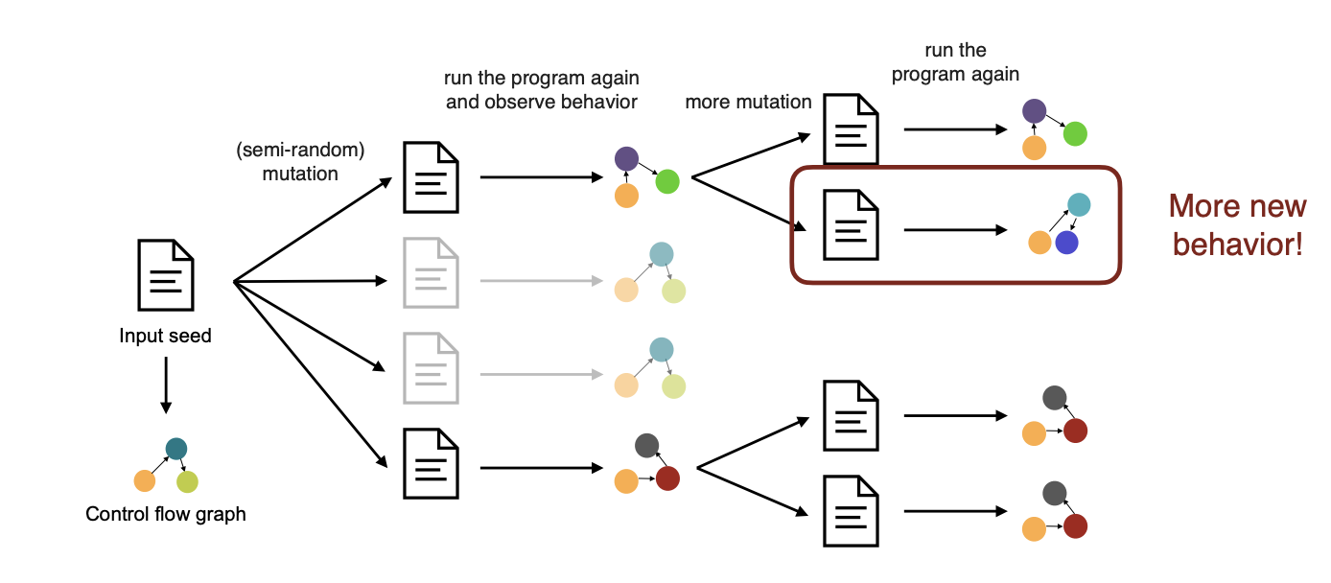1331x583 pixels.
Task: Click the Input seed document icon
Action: (167, 274)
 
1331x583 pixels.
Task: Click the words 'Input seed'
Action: (166, 337)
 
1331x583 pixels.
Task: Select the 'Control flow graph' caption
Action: (166, 514)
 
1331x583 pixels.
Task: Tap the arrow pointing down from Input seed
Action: (166, 385)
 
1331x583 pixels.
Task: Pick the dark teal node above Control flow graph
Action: (175, 449)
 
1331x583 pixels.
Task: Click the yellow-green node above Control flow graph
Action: (187, 481)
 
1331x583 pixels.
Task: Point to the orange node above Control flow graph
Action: (145, 480)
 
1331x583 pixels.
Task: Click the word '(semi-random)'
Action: (300, 152)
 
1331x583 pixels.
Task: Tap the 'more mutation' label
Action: (748, 102)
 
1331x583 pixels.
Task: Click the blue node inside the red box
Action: (1066, 243)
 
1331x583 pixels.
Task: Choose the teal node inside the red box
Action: (1079, 204)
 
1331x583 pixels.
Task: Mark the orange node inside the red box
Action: (1039, 243)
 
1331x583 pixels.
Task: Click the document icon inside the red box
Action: (852, 226)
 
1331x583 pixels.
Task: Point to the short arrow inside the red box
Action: (955, 231)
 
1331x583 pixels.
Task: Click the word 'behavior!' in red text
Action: (1238, 245)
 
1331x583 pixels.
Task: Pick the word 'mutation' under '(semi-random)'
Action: (300, 174)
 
